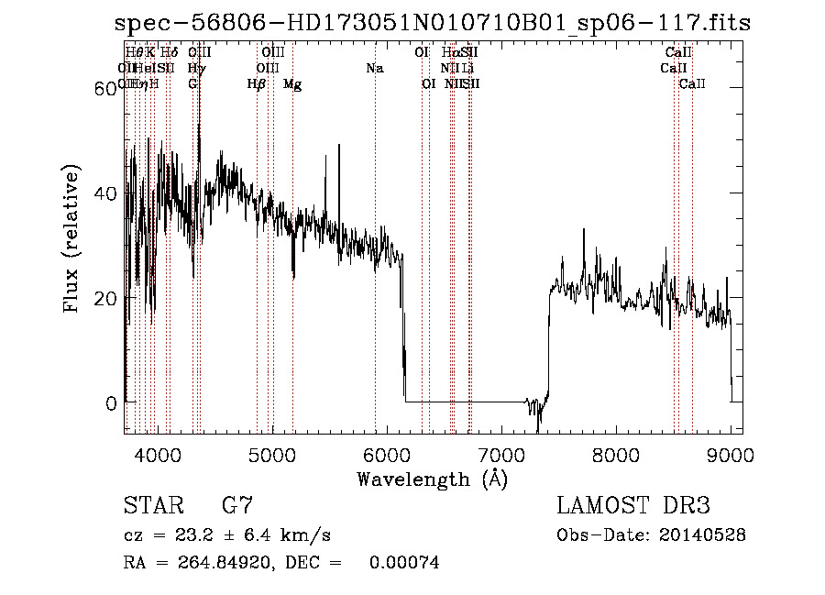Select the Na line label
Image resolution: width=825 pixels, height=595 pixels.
point(374,68)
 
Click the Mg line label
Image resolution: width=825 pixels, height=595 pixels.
point(292,84)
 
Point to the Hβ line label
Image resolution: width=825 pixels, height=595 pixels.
point(257,84)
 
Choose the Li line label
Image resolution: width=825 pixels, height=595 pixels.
point(468,68)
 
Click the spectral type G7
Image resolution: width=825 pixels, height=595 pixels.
point(237,506)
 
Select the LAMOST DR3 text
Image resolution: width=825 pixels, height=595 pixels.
point(632,506)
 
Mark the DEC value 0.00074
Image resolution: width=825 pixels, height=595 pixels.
point(404,563)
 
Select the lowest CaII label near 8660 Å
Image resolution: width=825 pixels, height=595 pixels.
point(692,84)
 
